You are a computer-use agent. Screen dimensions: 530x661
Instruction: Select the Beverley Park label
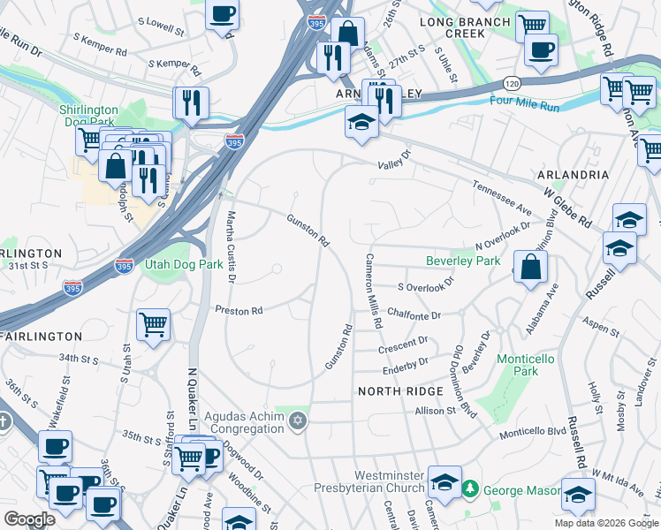point(463,261)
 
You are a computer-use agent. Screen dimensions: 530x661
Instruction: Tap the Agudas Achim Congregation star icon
point(298,420)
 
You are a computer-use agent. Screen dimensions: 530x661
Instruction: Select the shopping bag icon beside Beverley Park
point(529,268)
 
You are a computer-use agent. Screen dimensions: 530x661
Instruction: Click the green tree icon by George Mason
point(471,488)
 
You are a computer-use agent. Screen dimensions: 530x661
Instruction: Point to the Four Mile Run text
point(525,104)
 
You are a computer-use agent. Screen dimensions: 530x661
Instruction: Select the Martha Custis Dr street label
point(232,247)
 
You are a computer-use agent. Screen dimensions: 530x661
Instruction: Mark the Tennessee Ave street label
point(501,194)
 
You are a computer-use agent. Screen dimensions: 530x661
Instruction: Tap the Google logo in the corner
point(30,519)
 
